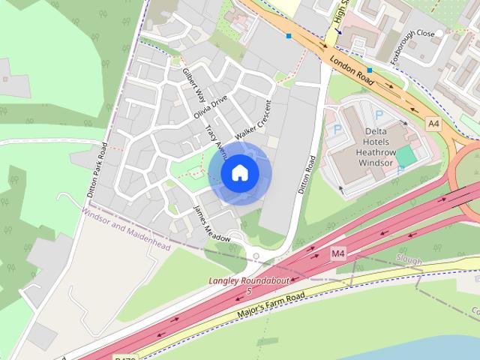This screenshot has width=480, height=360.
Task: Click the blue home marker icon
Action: (239, 173)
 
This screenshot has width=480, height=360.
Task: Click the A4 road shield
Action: (433, 123)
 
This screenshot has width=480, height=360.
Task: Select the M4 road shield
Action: (338, 254)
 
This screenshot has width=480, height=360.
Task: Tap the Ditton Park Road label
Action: (95, 169)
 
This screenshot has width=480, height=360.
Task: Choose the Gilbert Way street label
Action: (194, 85)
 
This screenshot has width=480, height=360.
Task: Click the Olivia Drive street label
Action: (210, 106)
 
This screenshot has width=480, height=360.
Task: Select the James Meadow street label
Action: (211, 223)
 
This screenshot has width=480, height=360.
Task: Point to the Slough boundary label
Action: (409, 261)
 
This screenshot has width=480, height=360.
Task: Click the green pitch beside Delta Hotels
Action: (406, 157)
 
